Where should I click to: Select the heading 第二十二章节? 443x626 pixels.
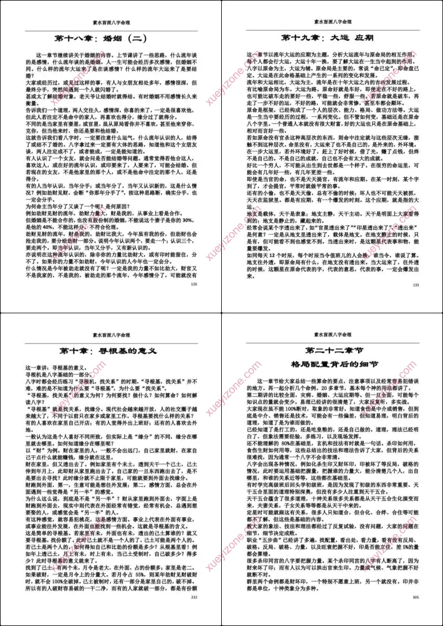point(332,351)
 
